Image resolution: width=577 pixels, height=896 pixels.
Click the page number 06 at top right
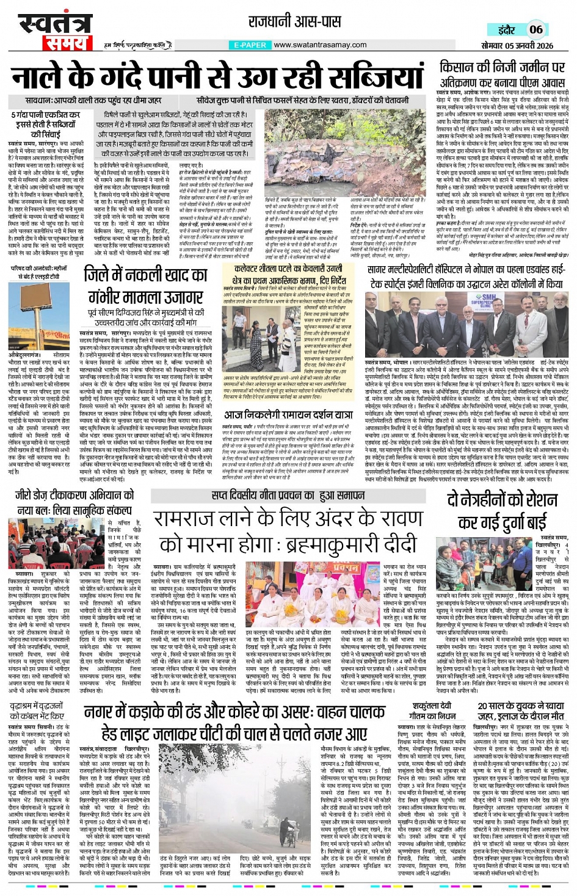coord(535,29)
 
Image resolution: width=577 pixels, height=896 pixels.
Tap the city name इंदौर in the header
coord(507,30)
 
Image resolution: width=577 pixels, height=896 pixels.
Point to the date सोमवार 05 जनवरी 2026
coord(517,46)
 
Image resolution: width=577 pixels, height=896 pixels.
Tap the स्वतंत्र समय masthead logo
coord(54,32)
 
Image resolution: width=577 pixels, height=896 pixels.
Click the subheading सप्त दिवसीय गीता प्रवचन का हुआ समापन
coord(289,495)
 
